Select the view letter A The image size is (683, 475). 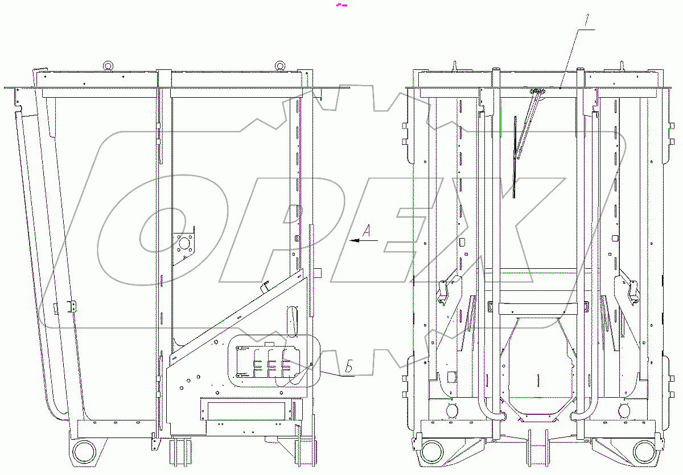(x=367, y=231)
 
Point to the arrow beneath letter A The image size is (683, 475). (x=364, y=240)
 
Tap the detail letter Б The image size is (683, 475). (x=349, y=366)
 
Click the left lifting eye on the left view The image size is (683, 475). (x=108, y=65)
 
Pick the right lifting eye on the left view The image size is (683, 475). (x=279, y=65)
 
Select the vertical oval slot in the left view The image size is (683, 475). (x=292, y=322)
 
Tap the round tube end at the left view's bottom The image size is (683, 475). (x=84, y=452)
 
